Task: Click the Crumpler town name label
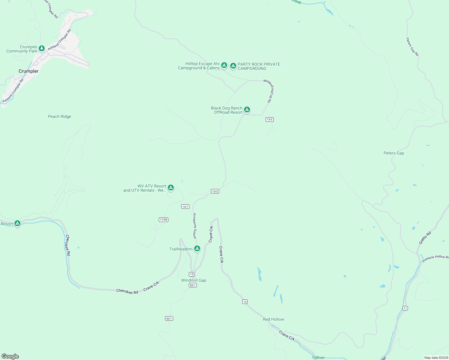[x=29, y=71]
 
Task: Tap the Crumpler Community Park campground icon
[x=42, y=48]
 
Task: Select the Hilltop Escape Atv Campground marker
[x=224, y=65]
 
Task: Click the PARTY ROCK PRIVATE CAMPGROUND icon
[x=233, y=66]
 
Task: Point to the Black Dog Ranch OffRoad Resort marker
[x=247, y=109]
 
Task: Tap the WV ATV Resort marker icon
[x=170, y=188]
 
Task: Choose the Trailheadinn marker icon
[x=197, y=249]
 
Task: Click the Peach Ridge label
[x=59, y=116]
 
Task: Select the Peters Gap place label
[x=394, y=153]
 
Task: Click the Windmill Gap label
[x=194, y=280]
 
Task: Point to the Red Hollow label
[x=273, y=319]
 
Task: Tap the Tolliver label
[x=318, y=358]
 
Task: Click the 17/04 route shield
[x=164, y=220]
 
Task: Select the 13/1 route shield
[x=185, y=206]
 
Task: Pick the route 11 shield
[x=405, y=308]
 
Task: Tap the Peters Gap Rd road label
[x=412, y=46]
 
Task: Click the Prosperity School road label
[x=194, y=226]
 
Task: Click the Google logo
[x=10, y=356]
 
